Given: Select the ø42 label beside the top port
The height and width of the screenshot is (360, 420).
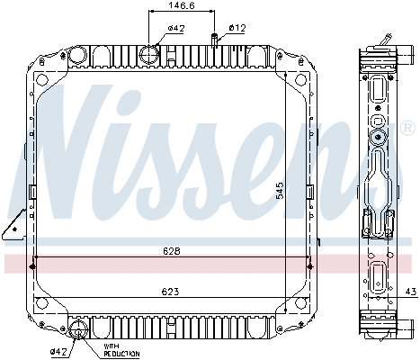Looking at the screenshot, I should [x=176, y=28].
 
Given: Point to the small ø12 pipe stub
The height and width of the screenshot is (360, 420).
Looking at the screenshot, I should [x=215, y=39].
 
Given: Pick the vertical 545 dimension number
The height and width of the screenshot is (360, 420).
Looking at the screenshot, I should [x=280, y=191].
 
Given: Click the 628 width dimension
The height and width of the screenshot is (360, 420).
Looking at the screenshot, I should [x=172, y=253].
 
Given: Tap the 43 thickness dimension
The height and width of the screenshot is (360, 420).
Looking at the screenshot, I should [x=411, y=292].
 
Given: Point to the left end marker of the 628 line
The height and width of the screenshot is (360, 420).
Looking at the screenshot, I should [x=33, y=264].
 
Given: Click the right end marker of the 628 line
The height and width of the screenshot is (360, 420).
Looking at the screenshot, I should [x=310, y=264].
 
